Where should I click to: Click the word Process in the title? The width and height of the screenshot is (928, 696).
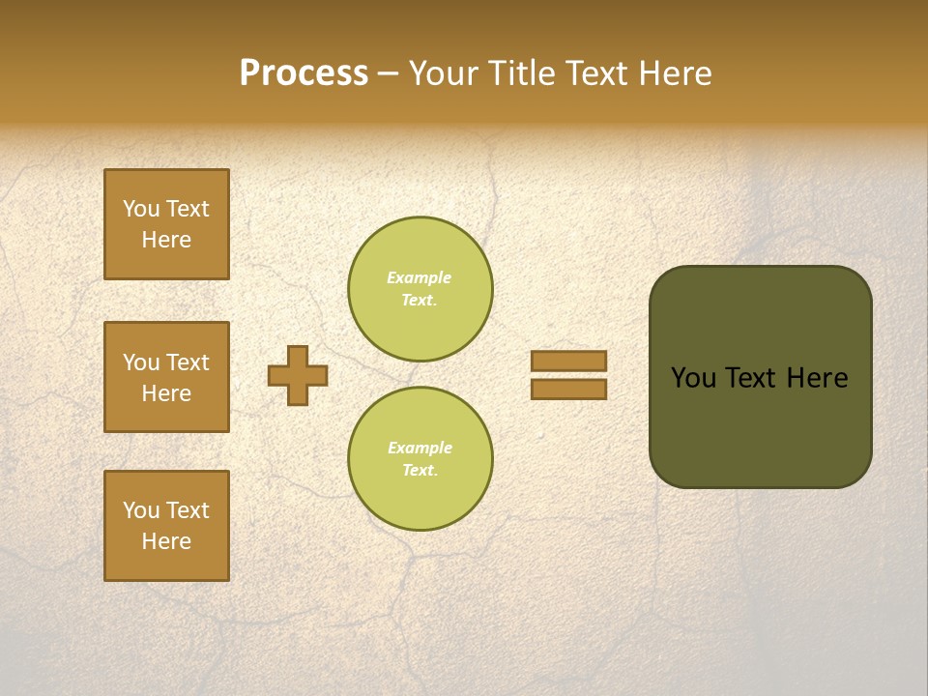[304, 73]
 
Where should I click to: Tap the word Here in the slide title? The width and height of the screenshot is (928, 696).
[676, 73]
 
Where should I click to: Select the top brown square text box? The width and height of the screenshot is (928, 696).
[166, 224]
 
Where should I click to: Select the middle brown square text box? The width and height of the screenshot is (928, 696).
[166, 377]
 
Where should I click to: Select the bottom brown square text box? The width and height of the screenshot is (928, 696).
[166, 526]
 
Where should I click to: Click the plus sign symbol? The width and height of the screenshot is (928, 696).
[298, 375]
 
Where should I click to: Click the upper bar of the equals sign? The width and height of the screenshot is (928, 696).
[568, 361]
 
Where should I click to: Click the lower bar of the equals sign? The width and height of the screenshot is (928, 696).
[568, 389]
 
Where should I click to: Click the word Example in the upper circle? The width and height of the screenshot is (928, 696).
[420, 277]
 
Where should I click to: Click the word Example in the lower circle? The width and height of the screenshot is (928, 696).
[420, 448]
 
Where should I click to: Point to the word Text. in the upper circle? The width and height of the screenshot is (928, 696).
[420, 300]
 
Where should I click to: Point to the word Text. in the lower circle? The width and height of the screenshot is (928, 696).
[420, 470]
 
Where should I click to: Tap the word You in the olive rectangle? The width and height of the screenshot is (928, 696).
[693, 378]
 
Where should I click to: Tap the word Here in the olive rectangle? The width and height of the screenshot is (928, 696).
[817, 378]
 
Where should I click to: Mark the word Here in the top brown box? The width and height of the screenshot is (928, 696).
[166, 240]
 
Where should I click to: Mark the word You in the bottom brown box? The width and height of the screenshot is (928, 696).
[141, 510]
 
